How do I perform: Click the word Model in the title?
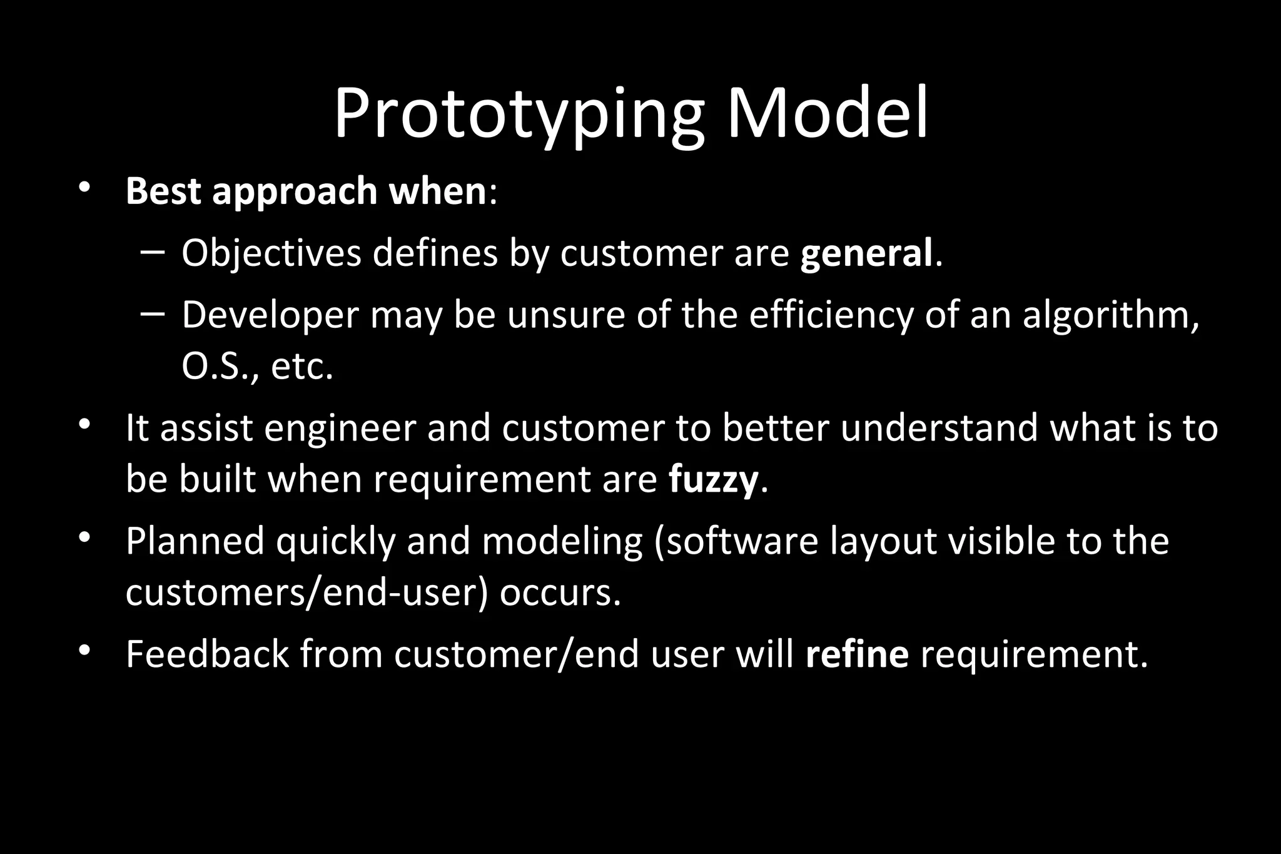pos(827,114)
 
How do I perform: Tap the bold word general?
pos(866,253)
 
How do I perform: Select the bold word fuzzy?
pos(713,480)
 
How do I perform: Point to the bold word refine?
pos(856,654)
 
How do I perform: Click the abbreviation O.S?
pos(215,367)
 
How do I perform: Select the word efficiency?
pos(831,315)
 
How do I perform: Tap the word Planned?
pos(195,541)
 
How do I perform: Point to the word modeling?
pos(562,541)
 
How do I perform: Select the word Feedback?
pos(207,654)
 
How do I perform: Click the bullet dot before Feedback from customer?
pos(85,651)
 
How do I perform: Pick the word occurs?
pos(560,592)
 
